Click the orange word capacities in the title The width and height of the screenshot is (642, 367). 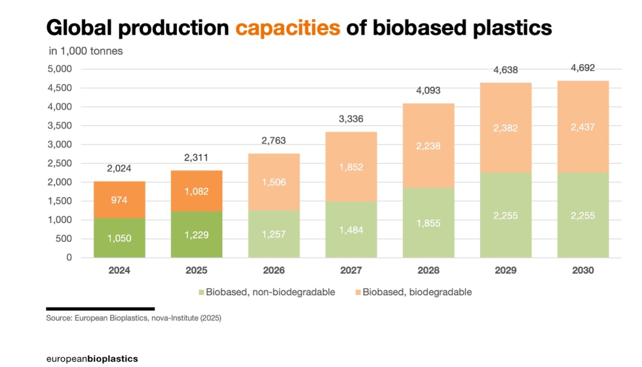288,28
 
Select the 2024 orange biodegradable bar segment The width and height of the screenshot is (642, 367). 119,200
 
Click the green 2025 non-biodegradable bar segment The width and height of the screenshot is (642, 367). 197,234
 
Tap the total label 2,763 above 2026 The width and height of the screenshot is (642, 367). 274,140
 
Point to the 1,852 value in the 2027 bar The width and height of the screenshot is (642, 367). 351,168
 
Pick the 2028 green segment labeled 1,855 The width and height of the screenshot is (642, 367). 428,223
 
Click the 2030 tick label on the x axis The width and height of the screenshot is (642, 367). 582,271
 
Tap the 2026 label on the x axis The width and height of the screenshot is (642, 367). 274,271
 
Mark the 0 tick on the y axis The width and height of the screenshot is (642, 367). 67,258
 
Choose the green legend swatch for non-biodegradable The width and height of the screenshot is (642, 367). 200,292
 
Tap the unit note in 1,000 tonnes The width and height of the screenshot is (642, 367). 86,50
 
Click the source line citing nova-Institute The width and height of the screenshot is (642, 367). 134,319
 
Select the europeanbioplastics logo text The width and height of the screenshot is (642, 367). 92,358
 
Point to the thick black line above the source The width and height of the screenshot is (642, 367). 100,308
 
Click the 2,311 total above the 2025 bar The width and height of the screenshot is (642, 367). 197,158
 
